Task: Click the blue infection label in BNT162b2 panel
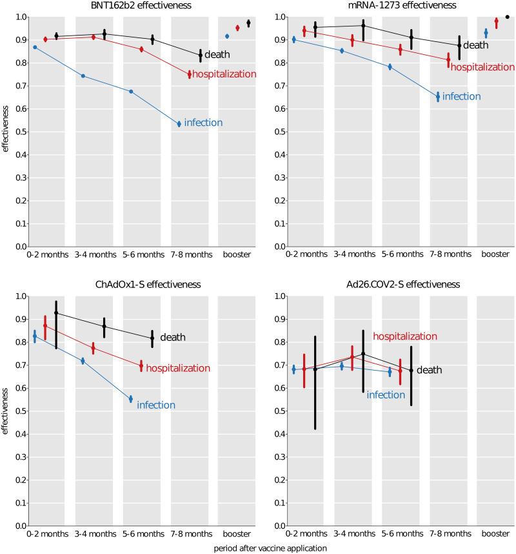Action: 203,123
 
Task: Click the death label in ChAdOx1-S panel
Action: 173,337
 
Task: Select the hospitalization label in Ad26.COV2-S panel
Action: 405,336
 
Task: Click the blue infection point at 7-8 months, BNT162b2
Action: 179,124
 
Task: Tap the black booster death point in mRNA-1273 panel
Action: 507,17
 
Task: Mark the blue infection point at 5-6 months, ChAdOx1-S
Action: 131,399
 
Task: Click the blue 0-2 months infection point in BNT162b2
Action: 35,47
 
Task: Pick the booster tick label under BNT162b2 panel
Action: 236,255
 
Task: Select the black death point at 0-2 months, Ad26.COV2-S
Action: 315,368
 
